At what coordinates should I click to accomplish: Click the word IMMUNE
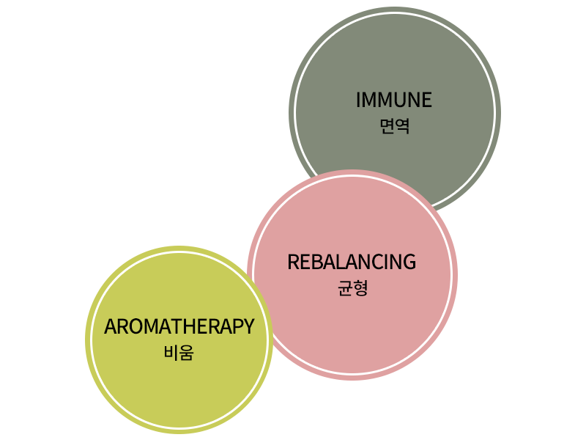(x=394, y=100)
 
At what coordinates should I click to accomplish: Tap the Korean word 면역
(x=395, y=126)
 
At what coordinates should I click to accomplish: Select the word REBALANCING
(x=352, y=262)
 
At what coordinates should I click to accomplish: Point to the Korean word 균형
(x=353, y=288)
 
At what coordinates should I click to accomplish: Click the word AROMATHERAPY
(x=179, y=326)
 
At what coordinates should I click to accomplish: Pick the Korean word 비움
(x=179, y=353)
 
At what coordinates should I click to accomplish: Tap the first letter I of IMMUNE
(x=358, y=100)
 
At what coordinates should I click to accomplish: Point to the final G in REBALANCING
(x=409, y=262)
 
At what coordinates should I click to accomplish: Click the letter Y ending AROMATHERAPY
(x=248, y=326)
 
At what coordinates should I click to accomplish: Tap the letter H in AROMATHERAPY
(x=189, y=326)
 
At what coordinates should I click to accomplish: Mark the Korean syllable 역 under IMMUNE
(x=402, y=126)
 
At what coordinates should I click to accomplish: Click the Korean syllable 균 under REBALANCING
(x=345, y=288)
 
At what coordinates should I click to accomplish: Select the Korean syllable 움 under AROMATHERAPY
(x=187, y=353)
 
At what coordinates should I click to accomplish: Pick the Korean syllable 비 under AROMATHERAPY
(x=171, y=353)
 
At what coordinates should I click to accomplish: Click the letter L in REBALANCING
(x=339, y=262)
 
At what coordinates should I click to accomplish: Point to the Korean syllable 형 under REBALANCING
(x=361, y=288)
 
